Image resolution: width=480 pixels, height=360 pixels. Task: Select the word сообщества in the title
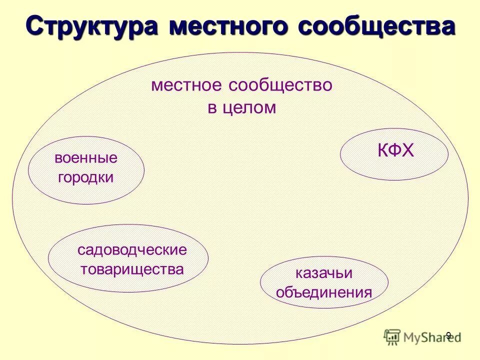(376, 26)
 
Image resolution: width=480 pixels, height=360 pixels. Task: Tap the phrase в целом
(242, 108)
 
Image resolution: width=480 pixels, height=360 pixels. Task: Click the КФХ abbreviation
(395, 150)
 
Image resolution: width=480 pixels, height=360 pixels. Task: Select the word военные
(86, 158)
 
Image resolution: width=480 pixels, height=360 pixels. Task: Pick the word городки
(86, 177)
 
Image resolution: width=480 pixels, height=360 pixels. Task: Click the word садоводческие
(132, 249)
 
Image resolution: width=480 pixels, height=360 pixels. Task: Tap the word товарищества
(132, 269)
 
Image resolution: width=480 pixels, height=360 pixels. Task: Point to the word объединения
(323, 292)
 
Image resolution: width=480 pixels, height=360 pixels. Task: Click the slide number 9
(448, 335)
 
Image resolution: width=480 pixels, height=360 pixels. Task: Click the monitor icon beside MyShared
(392, 337)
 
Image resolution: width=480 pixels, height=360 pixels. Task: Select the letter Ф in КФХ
(395, 150)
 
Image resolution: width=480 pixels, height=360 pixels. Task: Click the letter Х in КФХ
(408, 150)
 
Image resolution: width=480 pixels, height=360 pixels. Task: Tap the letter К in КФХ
(382, 150)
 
